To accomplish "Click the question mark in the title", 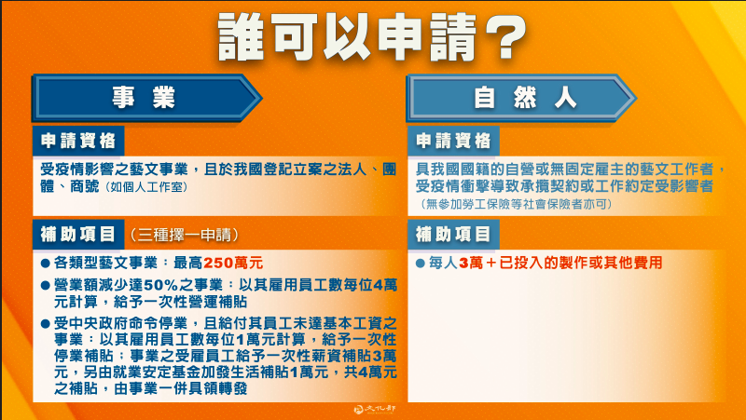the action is (505, 36).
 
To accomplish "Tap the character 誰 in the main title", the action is (241, 36).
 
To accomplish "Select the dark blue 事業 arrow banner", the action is (147, 99).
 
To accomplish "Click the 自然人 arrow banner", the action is (521, 99).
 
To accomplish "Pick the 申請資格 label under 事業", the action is (78, 141).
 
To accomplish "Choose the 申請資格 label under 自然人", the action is (453, 141).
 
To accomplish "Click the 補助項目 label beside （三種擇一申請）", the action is (78, 235).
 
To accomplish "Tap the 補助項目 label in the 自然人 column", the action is (453, 235).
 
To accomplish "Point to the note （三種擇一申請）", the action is (184, 235).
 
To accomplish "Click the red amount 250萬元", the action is (233, 263).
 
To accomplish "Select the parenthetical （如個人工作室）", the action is (145, 187).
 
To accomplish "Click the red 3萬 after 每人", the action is (471, 263).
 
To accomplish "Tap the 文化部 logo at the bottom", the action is (376, 410).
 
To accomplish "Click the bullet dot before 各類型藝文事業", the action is (46, 264).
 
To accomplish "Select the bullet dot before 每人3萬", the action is (421, 264).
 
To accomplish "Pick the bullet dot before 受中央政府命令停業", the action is (46, 324).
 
